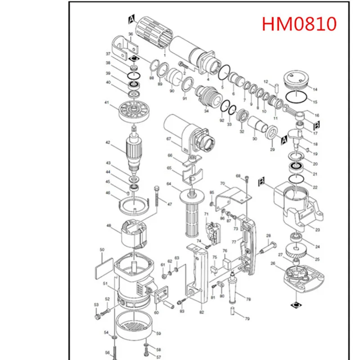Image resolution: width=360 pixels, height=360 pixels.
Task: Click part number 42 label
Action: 108,143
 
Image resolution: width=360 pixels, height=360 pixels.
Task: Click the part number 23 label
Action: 317,230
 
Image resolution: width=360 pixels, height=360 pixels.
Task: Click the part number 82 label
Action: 201,312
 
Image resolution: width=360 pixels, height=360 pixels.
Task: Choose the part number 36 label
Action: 130,34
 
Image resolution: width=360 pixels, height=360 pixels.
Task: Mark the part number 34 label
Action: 206,111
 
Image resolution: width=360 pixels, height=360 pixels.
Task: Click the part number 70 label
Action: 222,184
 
